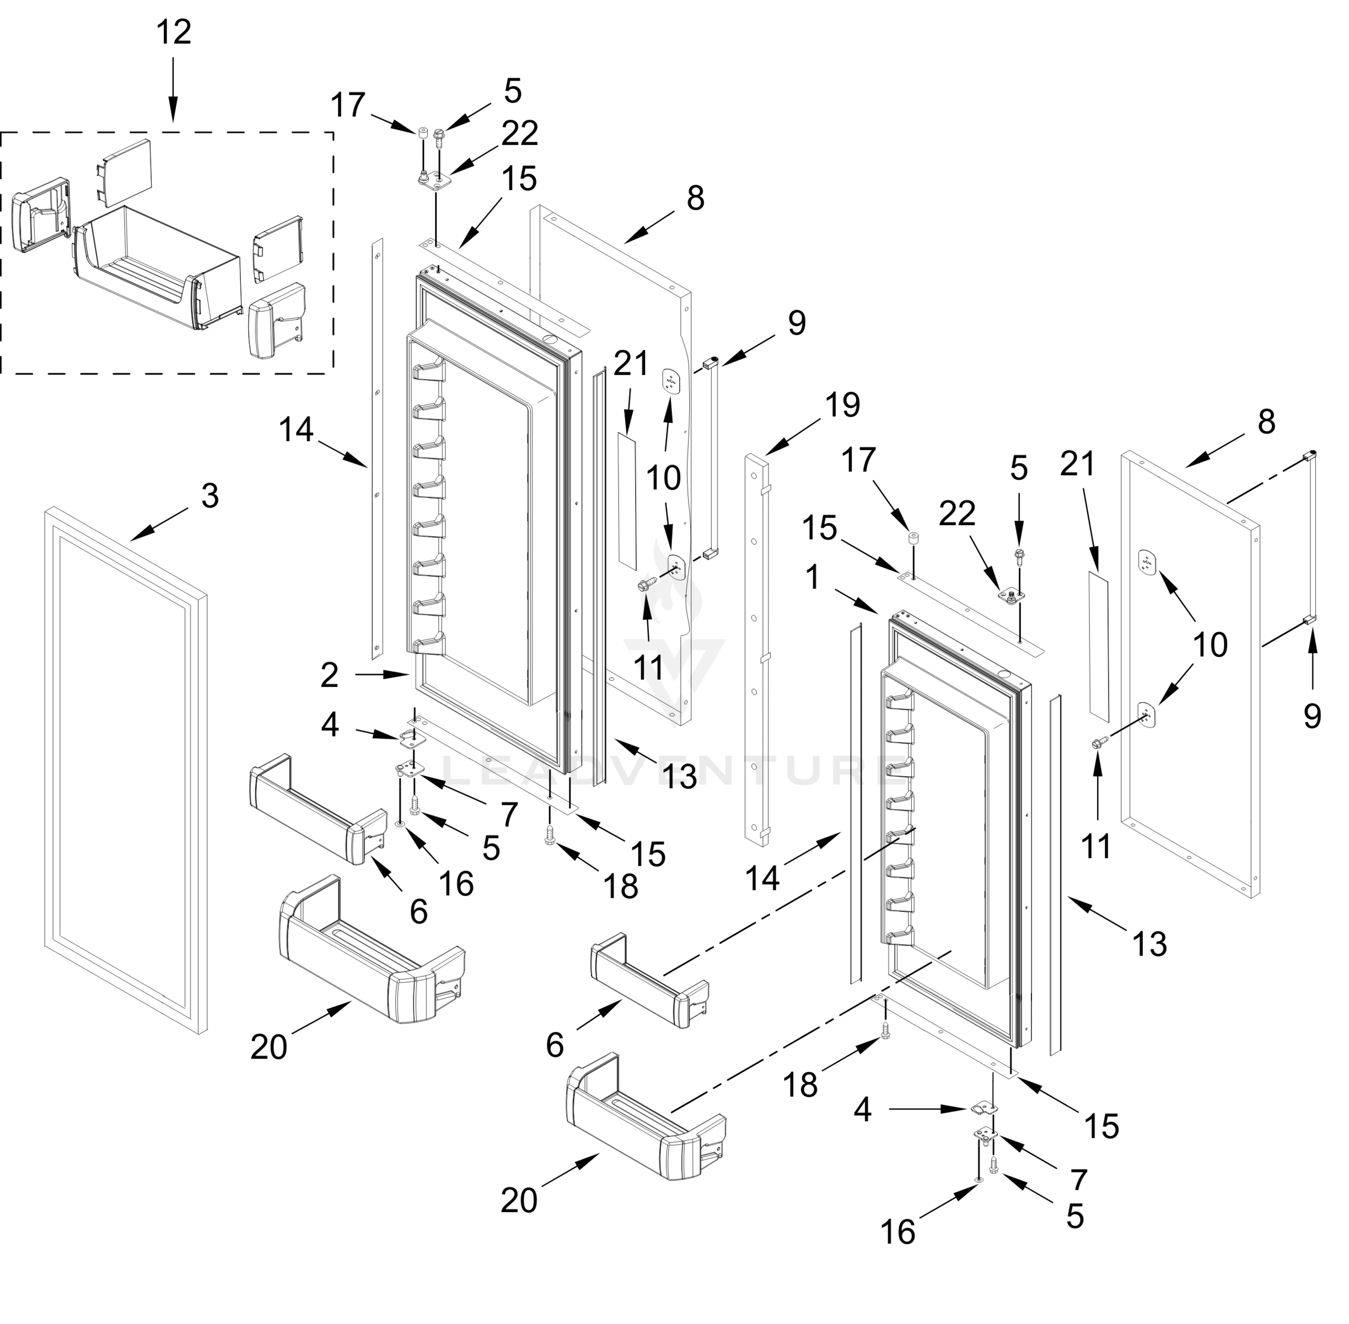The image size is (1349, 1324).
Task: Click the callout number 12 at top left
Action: tap(173, 32)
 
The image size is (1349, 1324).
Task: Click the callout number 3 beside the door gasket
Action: tap(210, 496)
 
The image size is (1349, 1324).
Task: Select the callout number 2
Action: tap(330, 675)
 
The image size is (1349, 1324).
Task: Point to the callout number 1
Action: tap(813, 577)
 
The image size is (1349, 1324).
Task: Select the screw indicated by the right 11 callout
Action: tap(1099, 743)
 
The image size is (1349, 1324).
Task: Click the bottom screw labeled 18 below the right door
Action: tap(885, 1031)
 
